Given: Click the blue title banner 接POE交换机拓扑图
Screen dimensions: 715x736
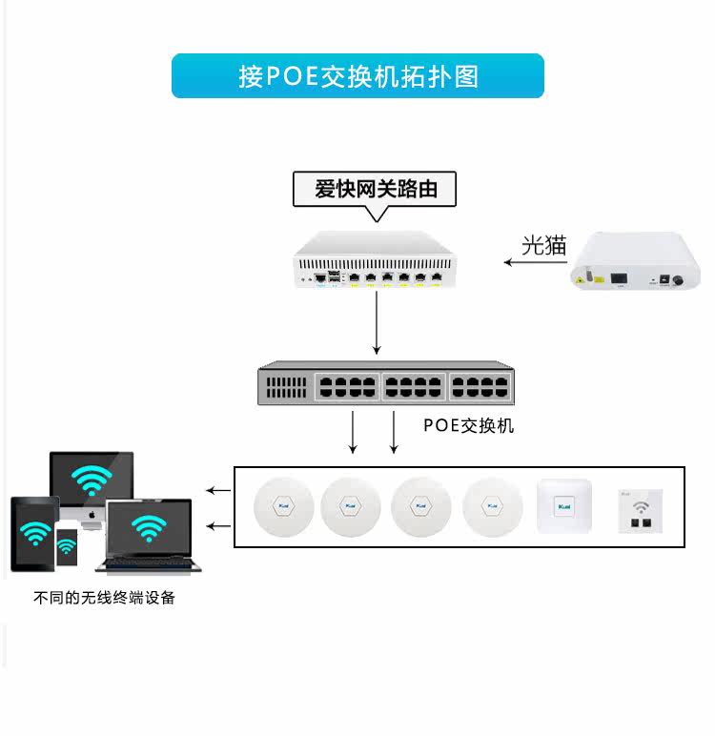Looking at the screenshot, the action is [357, 75].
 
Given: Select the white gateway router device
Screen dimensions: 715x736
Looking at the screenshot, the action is [375, 259].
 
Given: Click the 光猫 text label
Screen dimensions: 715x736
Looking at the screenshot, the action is [544, 245].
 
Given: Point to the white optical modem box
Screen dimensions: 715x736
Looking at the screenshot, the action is [635, 260].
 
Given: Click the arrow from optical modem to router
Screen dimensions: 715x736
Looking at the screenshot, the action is [535, 262].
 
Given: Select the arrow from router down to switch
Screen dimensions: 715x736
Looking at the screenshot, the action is [377, 322].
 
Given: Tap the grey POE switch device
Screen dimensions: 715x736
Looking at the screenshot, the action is [386, 383].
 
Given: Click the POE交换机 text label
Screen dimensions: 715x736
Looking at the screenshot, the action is [468, 426].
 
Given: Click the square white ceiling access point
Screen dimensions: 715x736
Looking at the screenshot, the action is [564, 506].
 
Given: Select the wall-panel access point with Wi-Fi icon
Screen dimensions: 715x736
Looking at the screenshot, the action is [641, 511].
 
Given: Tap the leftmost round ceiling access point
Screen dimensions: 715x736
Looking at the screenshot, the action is [283, 507].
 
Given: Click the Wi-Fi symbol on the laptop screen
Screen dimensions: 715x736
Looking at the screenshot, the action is [149, 528].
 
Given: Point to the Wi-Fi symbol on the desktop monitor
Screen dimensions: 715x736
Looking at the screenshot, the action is [92, 480].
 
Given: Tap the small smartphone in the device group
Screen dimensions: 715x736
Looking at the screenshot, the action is [67, 547].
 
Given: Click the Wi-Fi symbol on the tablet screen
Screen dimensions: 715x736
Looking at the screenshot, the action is [35, 532].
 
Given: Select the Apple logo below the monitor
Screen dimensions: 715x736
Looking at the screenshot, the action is [92, 515].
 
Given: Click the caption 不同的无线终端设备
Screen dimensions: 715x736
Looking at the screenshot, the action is [104, 598].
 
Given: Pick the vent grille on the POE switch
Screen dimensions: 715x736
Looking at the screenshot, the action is [286, 387].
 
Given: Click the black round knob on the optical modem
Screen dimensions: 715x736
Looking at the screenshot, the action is [678, 280].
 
